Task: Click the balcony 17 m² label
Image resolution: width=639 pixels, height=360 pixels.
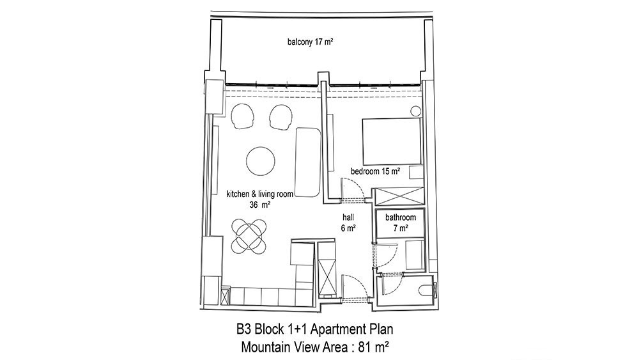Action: click(311, 42)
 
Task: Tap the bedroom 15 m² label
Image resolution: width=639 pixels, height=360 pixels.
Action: click(375, 171)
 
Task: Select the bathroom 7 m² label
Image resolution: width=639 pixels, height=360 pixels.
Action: click(401, 223)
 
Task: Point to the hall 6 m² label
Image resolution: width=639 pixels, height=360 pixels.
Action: click(348, 223)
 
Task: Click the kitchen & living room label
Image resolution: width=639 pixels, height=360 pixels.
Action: click(259, 194)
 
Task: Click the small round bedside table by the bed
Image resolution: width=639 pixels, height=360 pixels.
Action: click(416, 111)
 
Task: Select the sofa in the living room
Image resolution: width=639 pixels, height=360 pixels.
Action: click(308, 162)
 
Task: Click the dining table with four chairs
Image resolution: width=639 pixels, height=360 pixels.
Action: click(249, 237)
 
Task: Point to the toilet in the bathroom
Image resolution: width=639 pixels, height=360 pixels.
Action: click(426, 290)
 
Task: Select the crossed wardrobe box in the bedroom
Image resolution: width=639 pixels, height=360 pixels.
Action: click(399, 196)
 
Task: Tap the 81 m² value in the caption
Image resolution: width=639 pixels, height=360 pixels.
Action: click(373, 347)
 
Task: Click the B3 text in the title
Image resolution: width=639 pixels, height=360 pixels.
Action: click(243, 329)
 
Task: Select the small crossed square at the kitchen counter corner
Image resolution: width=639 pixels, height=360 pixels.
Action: click(225, 297)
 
